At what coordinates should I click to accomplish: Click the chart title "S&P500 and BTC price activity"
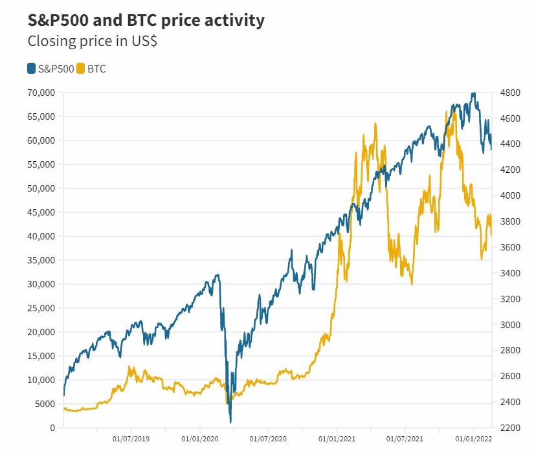click(x=146, y=20)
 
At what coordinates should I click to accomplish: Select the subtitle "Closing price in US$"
click(x=92, y=41)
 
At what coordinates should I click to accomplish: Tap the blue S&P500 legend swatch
click(x=32, y=69)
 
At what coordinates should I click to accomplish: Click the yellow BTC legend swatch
click(x=81, y=69)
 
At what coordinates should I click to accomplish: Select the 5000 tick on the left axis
click(x=44, y=404)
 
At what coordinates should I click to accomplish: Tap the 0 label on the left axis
click(x=52, y=428)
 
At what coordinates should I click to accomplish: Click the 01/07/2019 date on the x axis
click(x=131, y=439)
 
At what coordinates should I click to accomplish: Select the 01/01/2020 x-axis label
click(x=199, y=439)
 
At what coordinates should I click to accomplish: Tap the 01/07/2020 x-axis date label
click(x=268, y=439)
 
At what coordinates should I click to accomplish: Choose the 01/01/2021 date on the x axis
click(x=337, y=439)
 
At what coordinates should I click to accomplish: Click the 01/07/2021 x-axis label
click(x=405, y=439)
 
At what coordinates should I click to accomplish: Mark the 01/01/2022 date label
click(x=473, y=439)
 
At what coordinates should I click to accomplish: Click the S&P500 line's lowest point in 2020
click(x=231, y=422)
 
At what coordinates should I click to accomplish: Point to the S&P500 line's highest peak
click(x=474, y=93)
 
